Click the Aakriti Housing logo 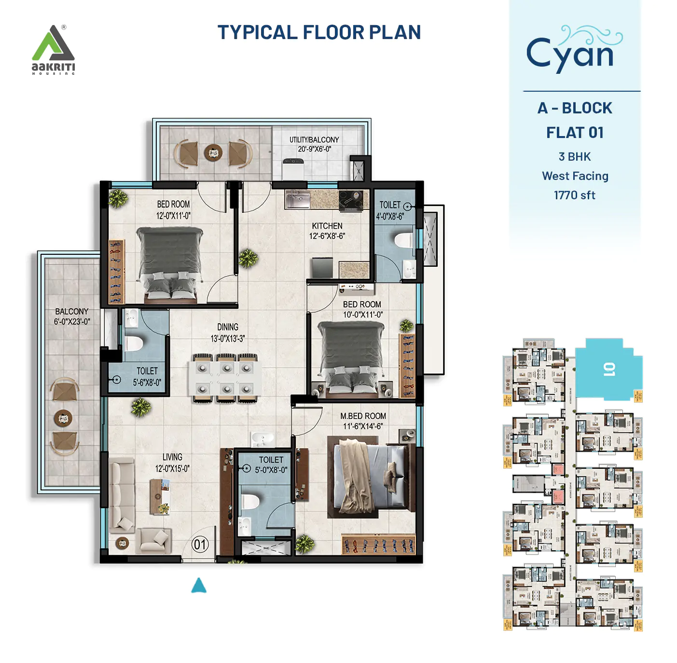[53, 50]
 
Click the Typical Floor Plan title [319, 32]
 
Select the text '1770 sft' [574, 195]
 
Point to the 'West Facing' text [575, 176]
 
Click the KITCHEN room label [327, 226]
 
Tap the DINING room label [228, 327]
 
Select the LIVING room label [172, 457]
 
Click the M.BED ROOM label [363, 416]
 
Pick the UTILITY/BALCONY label [314, 140]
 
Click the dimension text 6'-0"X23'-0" [72, 322]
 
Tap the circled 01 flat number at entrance [200, 545]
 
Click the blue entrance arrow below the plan [199, 585]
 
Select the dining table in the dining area [225, 378]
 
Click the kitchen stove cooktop [351, 201]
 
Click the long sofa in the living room [122, 495]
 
